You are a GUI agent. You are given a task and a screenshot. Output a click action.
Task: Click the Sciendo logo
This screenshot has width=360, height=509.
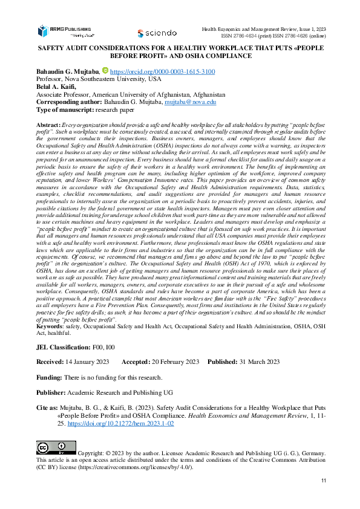coord(157,33)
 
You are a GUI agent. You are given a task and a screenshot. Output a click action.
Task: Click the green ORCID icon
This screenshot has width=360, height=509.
coord(105,71)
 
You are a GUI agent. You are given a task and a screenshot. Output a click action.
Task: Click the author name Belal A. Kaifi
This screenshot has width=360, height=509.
coord(59,86)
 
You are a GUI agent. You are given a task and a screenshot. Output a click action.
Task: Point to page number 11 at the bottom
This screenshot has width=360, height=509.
coord(324,480)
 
